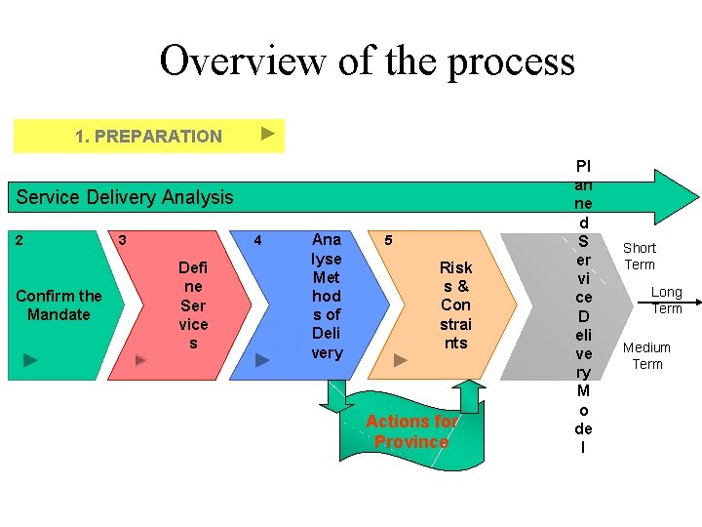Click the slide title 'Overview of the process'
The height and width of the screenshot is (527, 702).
click(x=367, y=61)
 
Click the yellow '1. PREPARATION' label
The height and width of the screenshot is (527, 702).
click(x=148, y=137)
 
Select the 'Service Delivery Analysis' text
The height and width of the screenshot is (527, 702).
click(x=125, y=197)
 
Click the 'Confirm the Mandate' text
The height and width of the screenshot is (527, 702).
click(x=58, y=305)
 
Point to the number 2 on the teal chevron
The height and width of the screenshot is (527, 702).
click(x=20, y=238)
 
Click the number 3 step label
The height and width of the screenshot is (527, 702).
click(x=121, y=239)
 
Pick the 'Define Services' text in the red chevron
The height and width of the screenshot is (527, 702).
click(x=193, y=305)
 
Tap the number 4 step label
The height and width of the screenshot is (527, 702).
click(x=257, y=240)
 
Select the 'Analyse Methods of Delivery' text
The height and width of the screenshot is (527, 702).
click(x=327, y=296)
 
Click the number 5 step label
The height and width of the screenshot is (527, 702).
click(x=388, y=239)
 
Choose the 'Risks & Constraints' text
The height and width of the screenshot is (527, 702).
click(x=455, y=305)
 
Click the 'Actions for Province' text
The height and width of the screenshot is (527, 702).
click(x=411, y=431)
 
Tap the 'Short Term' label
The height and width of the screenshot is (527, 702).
click(x=640, y=257)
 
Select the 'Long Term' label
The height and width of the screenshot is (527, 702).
click(x=667, y=301)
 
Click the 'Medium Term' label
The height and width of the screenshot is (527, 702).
click(x=646, y=356)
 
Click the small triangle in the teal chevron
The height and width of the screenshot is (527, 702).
click(x=30, y=360)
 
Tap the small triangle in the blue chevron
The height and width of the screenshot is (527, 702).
click(x=261, y=360)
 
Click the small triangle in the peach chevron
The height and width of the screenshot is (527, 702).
click(x=401, y=360)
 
